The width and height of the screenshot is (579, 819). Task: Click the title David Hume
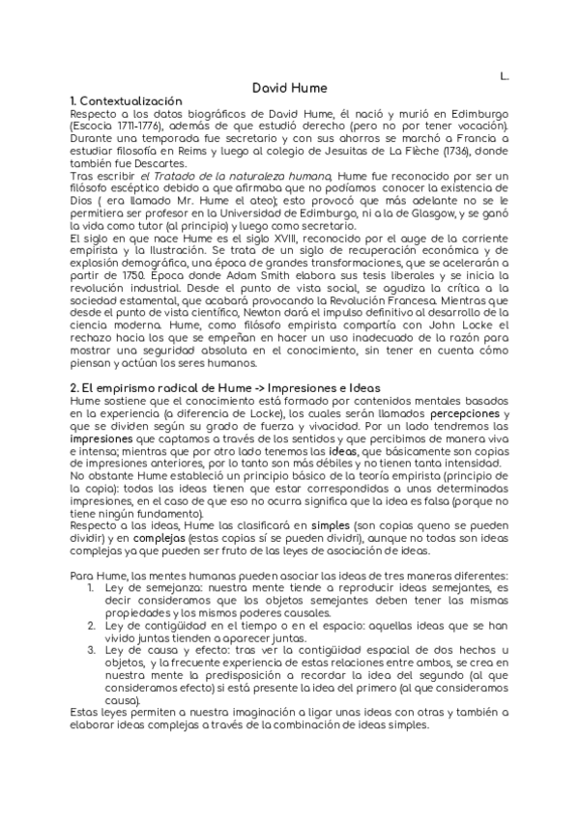pos(289,87)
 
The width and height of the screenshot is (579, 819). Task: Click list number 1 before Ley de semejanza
pos(91,588)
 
